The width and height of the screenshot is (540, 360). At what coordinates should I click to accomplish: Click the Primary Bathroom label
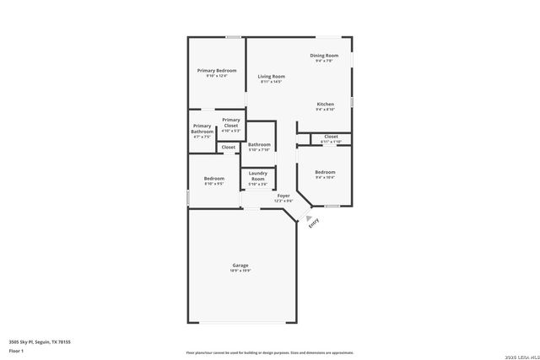[202, 129]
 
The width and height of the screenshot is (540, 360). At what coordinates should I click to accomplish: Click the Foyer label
[283, 197]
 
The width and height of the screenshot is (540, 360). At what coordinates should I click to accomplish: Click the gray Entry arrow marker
[308, 217]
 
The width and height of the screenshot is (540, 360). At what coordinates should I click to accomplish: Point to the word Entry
[314, 223]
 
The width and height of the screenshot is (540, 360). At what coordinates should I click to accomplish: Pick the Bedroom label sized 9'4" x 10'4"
[325, 174]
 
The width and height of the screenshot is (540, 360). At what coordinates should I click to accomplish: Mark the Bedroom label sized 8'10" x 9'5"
[213, 180]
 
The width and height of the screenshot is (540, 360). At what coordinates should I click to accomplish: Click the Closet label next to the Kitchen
[331, 138]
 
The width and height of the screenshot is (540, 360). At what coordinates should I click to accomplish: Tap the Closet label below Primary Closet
[229, 148]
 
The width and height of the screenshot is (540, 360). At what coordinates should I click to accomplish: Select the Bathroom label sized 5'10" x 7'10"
[259, 147]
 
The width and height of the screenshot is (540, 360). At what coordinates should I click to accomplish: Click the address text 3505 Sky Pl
[40, 341]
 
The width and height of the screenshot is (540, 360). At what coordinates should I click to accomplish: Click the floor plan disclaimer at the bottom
[269, 352]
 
